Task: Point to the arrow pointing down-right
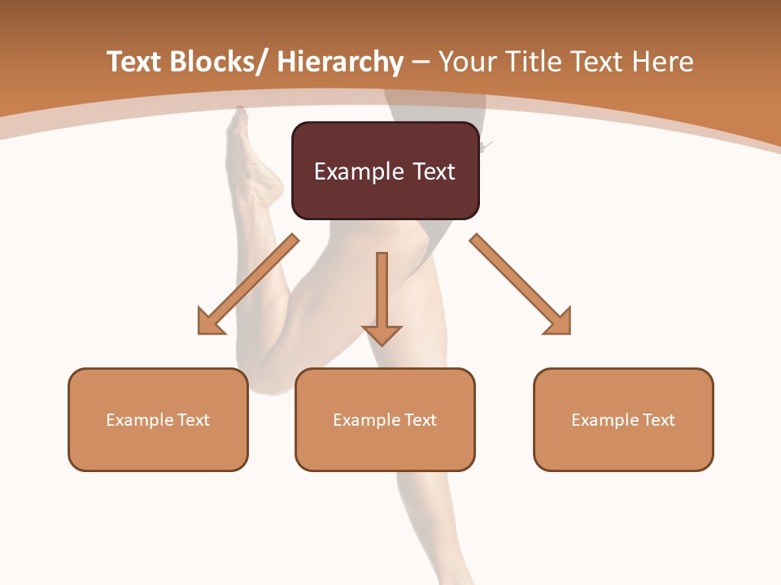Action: [521, 285]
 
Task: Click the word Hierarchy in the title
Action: [340, 63]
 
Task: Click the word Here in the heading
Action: [662, 63]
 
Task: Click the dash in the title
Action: [421, 63]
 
